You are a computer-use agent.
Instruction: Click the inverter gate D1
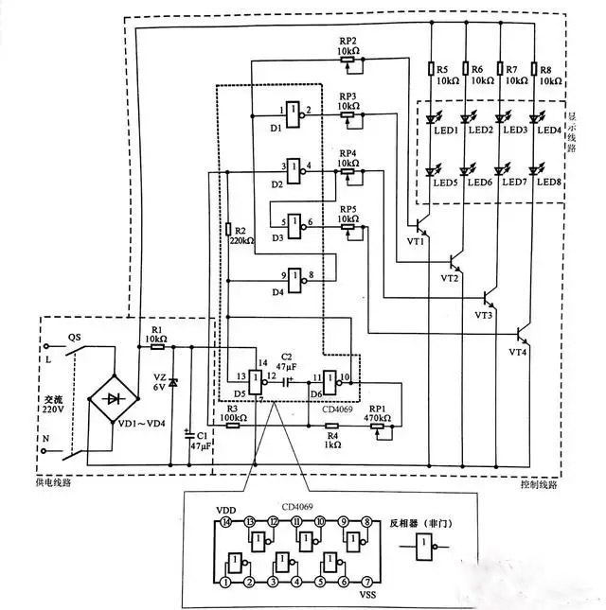coord(293,112)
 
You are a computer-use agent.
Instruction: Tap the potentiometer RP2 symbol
coord(348,60)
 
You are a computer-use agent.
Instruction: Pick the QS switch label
coord(74,336)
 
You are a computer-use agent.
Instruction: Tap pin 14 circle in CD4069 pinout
coord(226,520)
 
